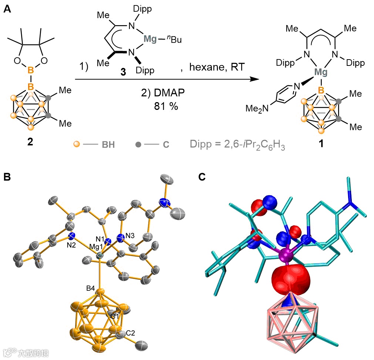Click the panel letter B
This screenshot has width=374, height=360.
point(7,178)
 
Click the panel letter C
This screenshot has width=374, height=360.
point(202,178)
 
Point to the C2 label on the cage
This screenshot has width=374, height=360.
point(130,332)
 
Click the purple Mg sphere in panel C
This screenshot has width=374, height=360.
point(285,255)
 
